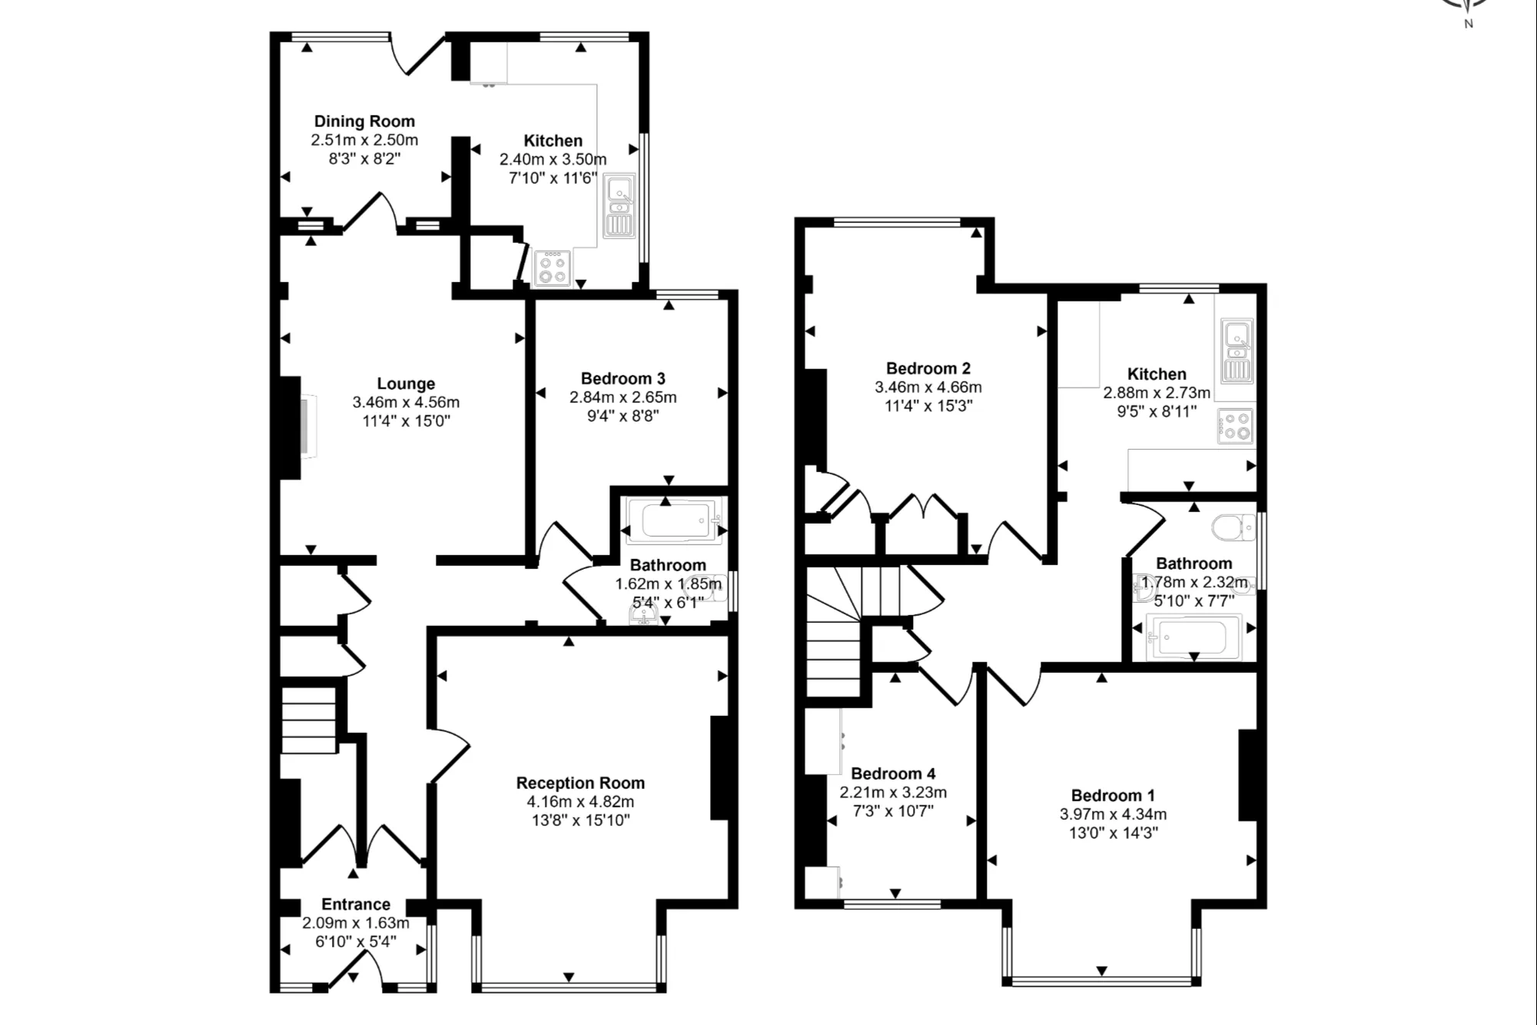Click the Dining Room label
click(x=364, y=121)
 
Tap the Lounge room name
click(x=406, y=383)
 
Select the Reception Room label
click(x=580, y=783)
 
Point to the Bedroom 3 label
click(x=622, y=378)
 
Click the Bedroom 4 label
click(x=893, y=774)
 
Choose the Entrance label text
click(x=356, y=904)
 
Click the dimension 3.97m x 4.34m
click(x=1114, y=814)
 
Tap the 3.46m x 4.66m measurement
click(x=928, y=388)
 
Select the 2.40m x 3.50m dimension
click(x=553, y=159)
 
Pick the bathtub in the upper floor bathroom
click(x=1193, y=637)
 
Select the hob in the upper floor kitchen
click(x=1235, y=425)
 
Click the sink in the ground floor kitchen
click(x=620, y=205)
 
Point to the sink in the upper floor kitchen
click(x=1237, y=351)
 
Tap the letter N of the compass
click(x=1469, y=24)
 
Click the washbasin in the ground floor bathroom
click(x=643, y=616)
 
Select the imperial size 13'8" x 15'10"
click(x=581, y=820)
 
